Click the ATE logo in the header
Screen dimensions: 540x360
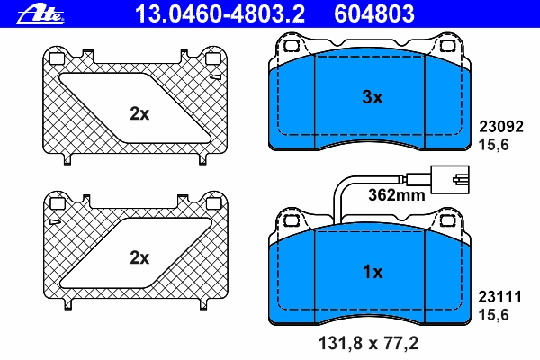pos(40,14)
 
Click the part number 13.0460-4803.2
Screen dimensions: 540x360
pos(220,13)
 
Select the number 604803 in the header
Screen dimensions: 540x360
pos(374,13)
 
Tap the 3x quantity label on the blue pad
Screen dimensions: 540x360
pos(373,97)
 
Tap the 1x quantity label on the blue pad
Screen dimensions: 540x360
pos(373,272)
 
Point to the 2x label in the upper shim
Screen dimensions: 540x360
pos(139,113)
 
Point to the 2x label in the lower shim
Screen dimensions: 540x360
pos(139,257)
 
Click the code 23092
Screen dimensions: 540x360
pos(501,126)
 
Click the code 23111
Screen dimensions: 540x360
pos(500,297)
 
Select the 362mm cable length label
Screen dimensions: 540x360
pos(397,195)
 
